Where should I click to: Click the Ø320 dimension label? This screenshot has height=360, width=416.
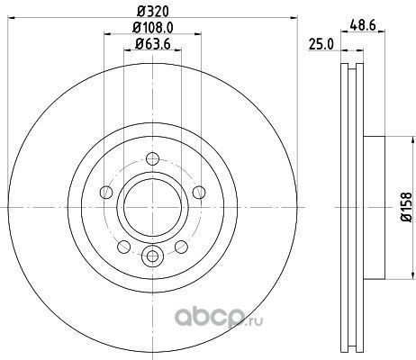click(x=153, y=12)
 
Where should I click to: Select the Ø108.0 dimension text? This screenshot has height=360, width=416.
click(x=153, y=28)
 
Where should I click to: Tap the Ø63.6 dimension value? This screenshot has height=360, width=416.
click(x=153, y=44)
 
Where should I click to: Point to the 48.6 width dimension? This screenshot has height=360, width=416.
click(x=363, y=25)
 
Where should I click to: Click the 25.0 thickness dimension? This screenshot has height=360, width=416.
click(x=321, y=45)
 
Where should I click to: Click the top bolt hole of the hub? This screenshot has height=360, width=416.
click(x=152, y=158)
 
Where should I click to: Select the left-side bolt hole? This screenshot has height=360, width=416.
click(x=106, y=193)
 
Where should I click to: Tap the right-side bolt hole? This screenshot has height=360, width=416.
click(x=199, y=193)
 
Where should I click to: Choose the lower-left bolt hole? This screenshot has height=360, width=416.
click(x=123, y=247)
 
